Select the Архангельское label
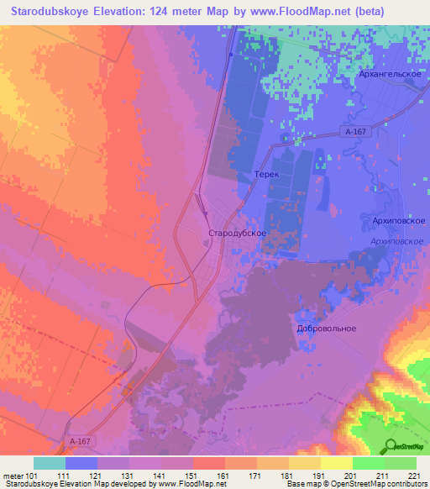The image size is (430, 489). (366, 75)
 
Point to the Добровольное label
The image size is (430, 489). (327, 329)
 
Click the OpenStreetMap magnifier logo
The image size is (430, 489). (391, 445)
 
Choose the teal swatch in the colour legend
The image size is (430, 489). (50, 463)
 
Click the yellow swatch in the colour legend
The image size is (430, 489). (336, 463)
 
